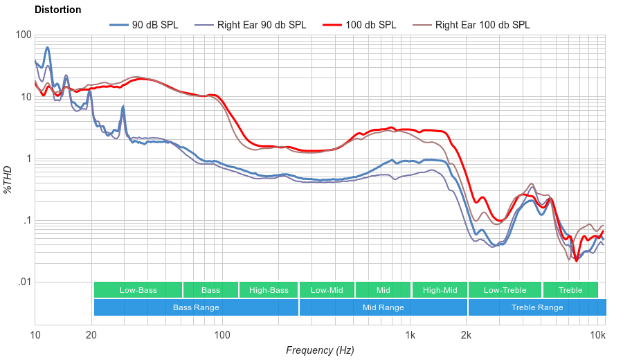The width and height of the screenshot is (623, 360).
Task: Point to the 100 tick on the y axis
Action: point(24,35)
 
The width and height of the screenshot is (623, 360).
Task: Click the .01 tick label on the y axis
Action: point(24,282)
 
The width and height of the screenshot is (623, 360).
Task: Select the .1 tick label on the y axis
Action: point(26,221)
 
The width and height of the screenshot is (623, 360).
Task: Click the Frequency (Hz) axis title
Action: point(319,350)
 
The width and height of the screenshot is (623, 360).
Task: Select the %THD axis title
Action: point(8,179)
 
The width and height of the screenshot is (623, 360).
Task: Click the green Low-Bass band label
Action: point(138,290)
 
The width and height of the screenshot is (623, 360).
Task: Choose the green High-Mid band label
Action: point(440,290)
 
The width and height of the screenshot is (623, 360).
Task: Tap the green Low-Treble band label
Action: point(505,290)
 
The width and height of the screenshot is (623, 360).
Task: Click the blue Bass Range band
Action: point(196,307)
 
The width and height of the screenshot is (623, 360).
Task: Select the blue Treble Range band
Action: point(536,307)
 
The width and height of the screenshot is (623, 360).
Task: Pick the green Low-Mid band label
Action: point(327,290)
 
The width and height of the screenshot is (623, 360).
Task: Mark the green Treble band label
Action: point(570,290)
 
